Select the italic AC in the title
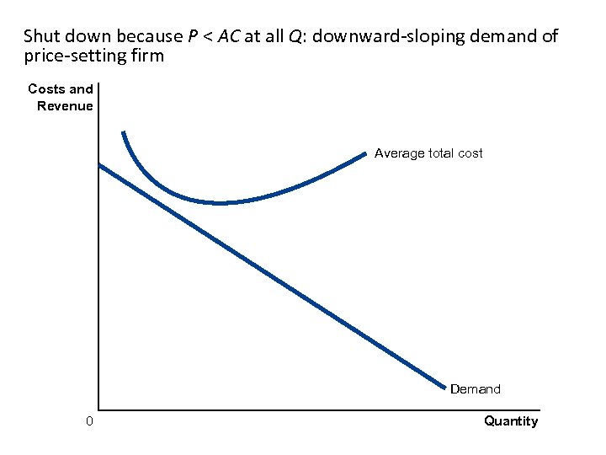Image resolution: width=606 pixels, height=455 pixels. point(230,36)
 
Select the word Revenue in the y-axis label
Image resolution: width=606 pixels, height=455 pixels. point(65,105)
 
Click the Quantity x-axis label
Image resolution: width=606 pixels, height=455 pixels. point(510,421)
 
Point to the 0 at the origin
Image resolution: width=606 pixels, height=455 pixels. point(89,421)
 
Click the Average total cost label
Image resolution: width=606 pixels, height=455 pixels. point(428,153)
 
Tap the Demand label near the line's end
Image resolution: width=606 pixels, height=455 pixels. point(475,389)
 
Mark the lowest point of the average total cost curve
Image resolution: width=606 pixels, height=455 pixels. point(221,203)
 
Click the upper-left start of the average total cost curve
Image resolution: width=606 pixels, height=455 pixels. point(123,133)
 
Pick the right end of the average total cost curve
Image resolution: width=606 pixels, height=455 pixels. point(365,153)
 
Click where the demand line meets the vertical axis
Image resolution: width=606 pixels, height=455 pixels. point(99,164)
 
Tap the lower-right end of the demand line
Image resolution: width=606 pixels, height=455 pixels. point(445,388)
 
